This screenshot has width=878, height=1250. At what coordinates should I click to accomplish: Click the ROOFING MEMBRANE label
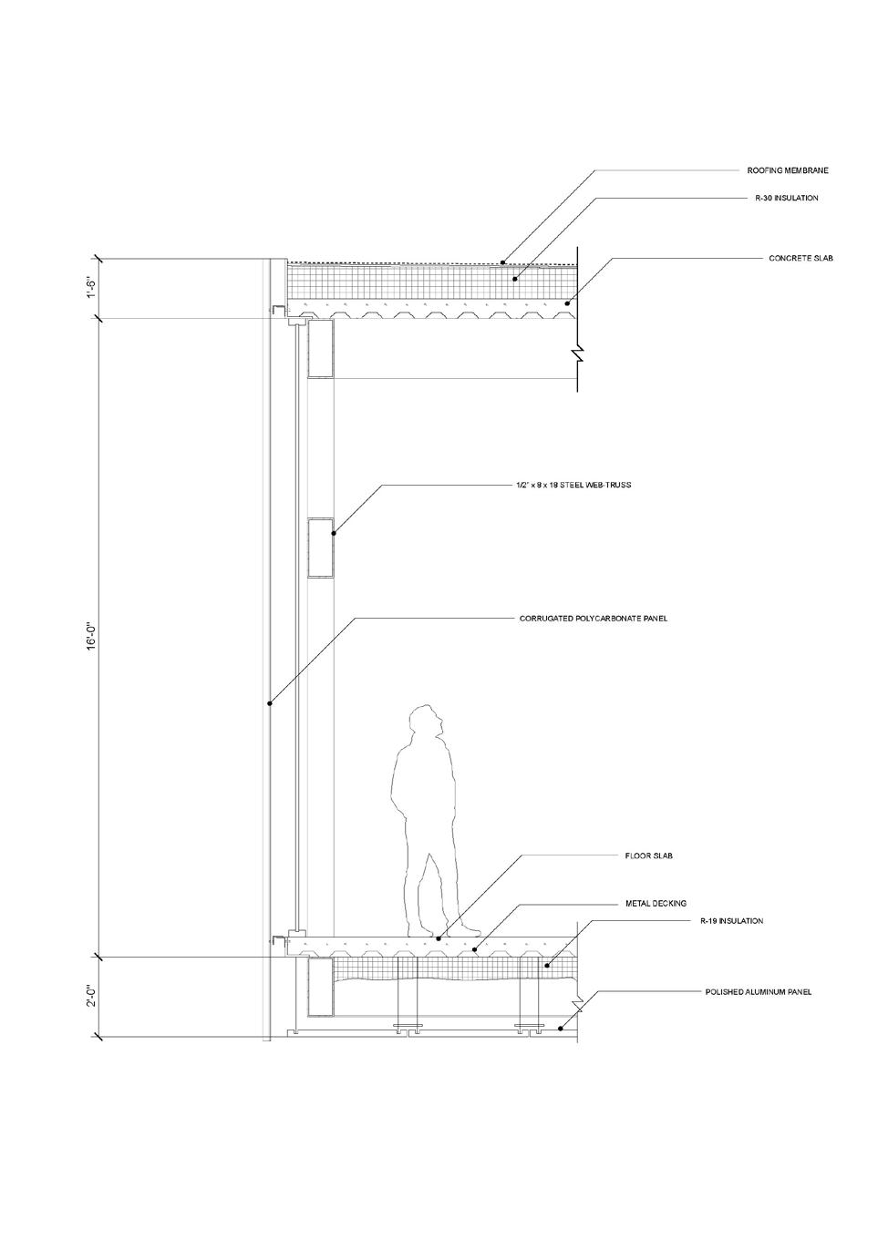click(788, 170)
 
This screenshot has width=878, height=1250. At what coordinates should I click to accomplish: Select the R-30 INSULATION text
click(787, 198)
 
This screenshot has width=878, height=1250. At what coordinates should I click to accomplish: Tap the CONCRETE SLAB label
click(801, 259)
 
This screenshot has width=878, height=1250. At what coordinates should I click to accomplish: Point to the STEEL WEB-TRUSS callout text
click(573, 486)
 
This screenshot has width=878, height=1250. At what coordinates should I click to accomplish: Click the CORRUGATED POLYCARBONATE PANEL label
click(593, 619)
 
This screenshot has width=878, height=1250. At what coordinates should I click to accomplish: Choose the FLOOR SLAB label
click(649, 856)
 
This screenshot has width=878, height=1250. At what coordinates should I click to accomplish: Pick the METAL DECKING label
click(656, 904)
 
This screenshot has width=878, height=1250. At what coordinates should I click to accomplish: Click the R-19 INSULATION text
click(731, 921)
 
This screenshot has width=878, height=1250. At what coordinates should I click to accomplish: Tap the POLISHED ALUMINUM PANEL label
click(759, 992)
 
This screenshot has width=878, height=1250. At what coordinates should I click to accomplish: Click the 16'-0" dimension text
click(91, 636)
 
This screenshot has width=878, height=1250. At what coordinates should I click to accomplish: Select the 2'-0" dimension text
click(91, 997)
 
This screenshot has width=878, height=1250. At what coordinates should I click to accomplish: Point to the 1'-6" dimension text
click(91, 288)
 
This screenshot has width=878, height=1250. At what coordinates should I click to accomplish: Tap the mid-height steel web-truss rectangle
click(321, 548)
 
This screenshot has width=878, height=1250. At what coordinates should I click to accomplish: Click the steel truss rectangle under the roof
click(321, 348)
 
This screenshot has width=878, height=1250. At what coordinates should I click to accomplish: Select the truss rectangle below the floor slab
click(321, 987)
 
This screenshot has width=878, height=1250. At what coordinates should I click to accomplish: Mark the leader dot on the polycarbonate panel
click(269, 702)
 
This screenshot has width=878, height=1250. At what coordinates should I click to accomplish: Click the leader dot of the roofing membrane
click(502, 262)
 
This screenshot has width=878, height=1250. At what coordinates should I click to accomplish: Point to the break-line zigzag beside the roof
click(576, 351)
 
